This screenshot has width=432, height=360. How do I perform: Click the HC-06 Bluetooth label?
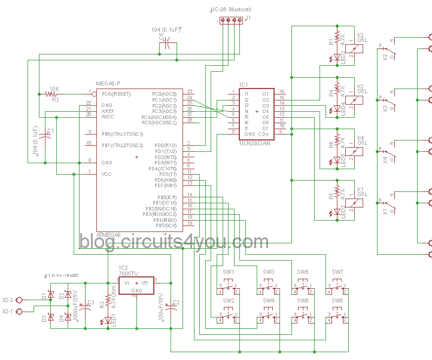tap(231, 10)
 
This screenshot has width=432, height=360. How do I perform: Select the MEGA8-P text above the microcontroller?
tap(108, 83)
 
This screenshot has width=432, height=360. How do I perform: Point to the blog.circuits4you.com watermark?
tap(174, 242)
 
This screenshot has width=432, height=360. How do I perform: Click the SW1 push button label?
tap(228, 272)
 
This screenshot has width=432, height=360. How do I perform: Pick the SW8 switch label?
tap(337, 300)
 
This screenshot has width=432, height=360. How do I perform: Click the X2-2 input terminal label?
tap(8, 300)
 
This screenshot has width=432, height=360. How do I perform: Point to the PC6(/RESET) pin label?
tap(115, 94)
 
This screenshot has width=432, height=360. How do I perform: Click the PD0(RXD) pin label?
tap(165, 145)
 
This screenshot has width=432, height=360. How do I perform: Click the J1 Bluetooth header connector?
tap(230, 20)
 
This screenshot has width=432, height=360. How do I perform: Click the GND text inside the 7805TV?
tap(137, 290)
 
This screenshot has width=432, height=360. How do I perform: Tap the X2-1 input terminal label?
tap(8, 312)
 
